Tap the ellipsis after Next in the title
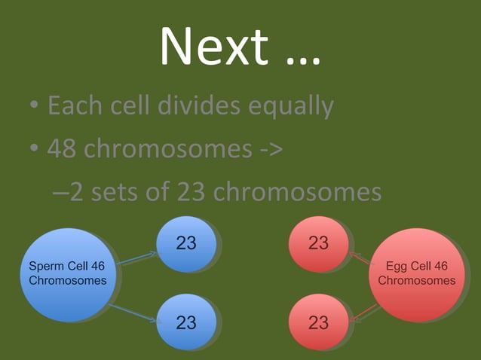coord(299,54)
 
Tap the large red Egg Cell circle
coord(416,274)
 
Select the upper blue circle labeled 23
coord(186,243)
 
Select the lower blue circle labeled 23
coord(186,322)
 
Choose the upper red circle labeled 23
coord(318,243)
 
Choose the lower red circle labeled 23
coord(318,322)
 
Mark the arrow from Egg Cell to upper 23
coord(363,258)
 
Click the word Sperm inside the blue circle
coord(44,266)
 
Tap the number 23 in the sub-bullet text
coord(192,192)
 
